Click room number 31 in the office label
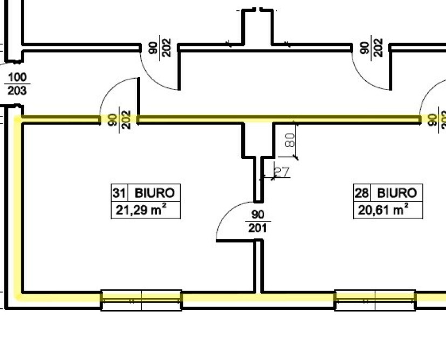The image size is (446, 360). [x=119, y=193]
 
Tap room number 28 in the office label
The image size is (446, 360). [x=361, y=193]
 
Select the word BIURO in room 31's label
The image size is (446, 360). [x=154, y=193]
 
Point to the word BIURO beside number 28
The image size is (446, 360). [x=397, y=193]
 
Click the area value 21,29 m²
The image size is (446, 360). [x=141, y=210]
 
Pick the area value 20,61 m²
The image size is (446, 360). [x=383, y=210]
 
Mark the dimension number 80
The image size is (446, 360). [x=290, y=140]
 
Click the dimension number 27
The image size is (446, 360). [x=282, y=171]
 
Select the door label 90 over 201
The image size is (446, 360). [x=257, y=221]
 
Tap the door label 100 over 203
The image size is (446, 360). [x=17, y=84]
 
